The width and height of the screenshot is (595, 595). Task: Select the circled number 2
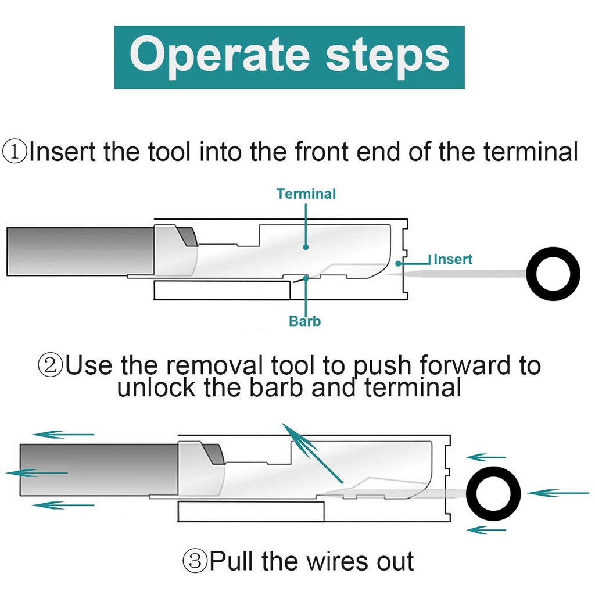[50, 366]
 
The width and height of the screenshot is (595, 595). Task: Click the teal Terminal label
[306, 193]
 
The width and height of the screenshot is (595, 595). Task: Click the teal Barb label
[304, 321]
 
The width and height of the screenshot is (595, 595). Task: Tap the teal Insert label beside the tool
[453, 259]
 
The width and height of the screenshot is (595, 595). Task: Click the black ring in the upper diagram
[553, 274]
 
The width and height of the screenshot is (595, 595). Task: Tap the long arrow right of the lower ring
[557, 493]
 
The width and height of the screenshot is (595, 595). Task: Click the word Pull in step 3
[232, 562]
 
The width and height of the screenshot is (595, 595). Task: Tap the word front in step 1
[322, 152]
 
